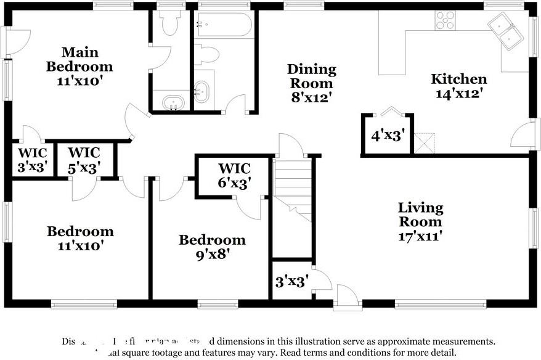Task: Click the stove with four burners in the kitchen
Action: click(x=445, y=20)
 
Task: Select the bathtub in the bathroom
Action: click(x=223, y=25)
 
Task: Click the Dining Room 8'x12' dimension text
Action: click(x=312, y=83)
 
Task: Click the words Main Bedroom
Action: click(x=79, y=59)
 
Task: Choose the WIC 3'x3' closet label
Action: click(x=31, y=159)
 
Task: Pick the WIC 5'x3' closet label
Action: click(x=84, y=159)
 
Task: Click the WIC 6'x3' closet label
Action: click(x=234, y=175)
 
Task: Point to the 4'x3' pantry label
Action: click(x=387, y=136)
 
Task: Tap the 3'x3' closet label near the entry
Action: click(x=292, y=282)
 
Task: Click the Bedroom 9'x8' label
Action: click(x=212, y=247)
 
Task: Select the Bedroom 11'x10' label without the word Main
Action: click(x=80, y=238)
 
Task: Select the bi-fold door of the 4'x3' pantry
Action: click(x=391, y=112)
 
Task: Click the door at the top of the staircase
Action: click(x=288, y=146)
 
